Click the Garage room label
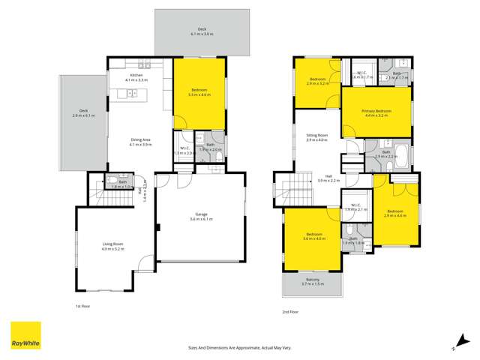pyautogui.click(x=200, y=214)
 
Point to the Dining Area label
pyautogui.click(x=141, y=139)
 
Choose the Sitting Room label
pyautogui.click(x=316, y=136)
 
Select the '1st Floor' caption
pyautogui.click(x=83, y=306)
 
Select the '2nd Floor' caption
pyautogui.click(x=289, y=310)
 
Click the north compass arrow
pyautogui.click(x=456, y=341)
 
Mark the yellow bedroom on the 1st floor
pyautogui.click(x=199, y=94)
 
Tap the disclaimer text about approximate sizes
pyautogui.click(x=239, y=347)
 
